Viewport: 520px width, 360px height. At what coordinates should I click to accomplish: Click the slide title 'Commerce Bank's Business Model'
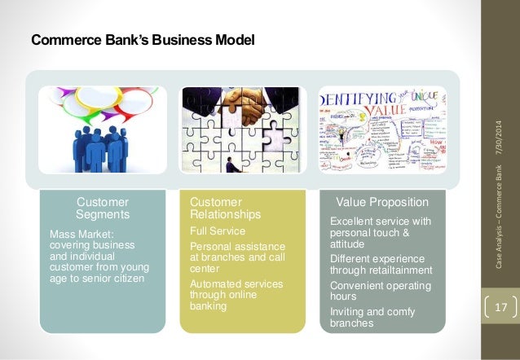143,39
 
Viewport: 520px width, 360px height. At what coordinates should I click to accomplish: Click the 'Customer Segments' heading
102,208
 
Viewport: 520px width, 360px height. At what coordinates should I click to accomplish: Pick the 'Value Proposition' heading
377,202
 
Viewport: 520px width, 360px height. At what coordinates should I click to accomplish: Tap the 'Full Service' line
217,231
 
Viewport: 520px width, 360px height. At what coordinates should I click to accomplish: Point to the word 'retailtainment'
396,270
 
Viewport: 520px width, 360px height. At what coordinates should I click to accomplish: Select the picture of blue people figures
103,130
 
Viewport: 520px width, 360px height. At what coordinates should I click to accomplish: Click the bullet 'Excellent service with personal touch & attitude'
380,232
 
